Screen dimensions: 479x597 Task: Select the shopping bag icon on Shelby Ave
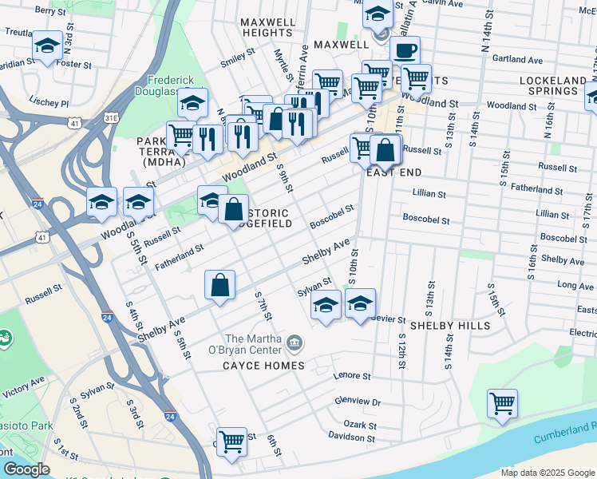[220, 285]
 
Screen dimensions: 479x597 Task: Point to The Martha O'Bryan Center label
[254, 344]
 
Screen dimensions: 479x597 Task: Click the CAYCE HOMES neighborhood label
[263, 366]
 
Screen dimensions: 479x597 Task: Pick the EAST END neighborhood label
[393, 172]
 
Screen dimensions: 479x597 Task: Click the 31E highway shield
[111, 117]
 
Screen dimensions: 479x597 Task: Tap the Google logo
[26, 469]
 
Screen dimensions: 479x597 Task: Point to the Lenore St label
[354, 375]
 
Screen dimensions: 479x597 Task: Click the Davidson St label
[351, 437]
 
